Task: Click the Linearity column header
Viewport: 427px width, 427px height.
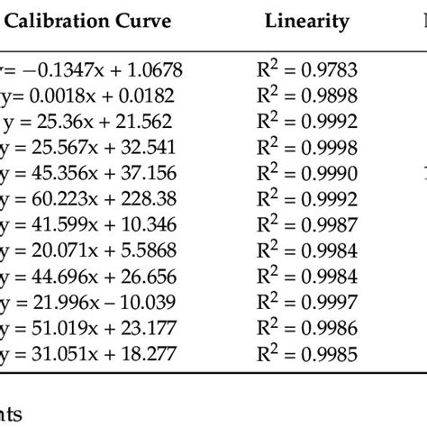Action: coord(307,23)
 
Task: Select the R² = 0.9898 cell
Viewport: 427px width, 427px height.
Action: coord(306,95)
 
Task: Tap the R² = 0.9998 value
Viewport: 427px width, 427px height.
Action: coord(306,147)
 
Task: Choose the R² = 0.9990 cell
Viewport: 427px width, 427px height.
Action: coord(306,173)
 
